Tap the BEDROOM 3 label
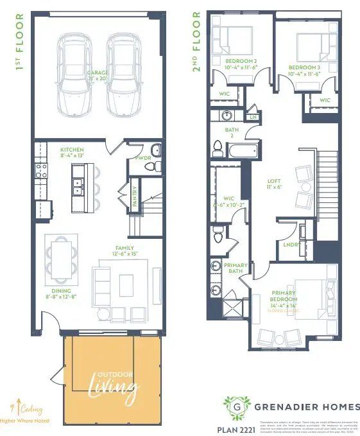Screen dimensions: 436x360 304,67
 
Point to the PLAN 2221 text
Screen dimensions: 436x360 233,426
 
